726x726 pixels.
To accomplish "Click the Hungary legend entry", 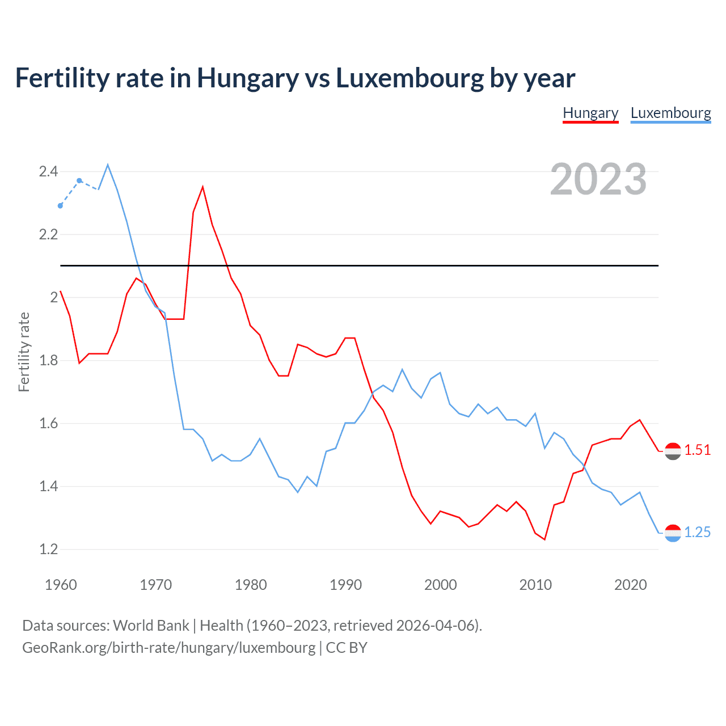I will [x=590, y=113].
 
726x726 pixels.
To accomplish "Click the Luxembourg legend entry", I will [x=670, y=113].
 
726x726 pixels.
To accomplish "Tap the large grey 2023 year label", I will [x=598, y=179].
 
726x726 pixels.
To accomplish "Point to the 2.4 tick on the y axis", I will [x=48, y=171].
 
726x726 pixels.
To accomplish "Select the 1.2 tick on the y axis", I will [x=48, y=549].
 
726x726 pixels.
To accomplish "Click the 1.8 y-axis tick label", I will [x=48, y=360].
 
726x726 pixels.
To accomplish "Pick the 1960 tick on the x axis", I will [x=61, y=585].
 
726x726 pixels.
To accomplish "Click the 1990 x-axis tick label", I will [x=345, y=585].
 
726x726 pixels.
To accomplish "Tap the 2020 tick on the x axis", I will [x=630, y=585].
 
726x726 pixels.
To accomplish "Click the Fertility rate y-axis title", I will [x=24, y=352].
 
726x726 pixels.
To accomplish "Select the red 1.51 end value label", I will [x=697, y=450].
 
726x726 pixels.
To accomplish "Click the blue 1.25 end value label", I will [x=697, y=532].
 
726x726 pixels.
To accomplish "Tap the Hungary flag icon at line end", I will [x=673, y=451].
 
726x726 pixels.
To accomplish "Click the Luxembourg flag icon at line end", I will [x=673, y=533].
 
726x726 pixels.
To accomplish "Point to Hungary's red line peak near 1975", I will [x=202, y=187].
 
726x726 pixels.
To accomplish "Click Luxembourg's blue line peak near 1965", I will [x=108, y=165].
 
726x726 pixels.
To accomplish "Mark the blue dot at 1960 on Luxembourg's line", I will [x=61, y=206].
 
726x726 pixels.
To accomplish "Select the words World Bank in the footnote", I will [x=151, y=625].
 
